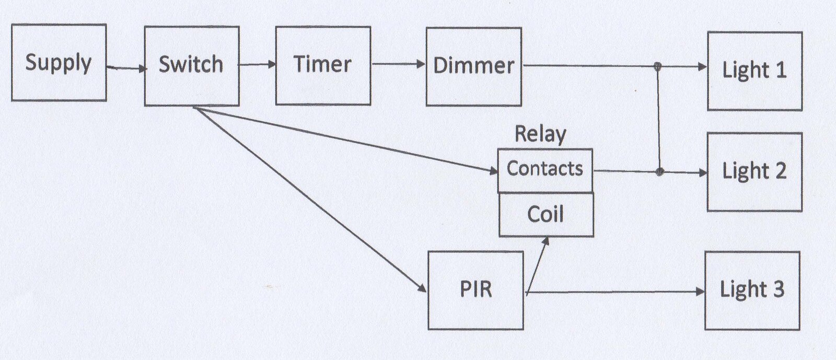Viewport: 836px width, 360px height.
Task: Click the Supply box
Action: [59, 62]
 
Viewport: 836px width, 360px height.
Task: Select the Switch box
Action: [192, 66]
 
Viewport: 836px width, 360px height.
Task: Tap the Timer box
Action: [323, 66]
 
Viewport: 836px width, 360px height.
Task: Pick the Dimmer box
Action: [474, 66]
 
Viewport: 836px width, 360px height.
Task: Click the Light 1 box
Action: [755, 71]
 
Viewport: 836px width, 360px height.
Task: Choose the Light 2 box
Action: [754, 172]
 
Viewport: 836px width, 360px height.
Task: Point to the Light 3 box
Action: [752, 291]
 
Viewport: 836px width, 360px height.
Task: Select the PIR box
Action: [476, 290]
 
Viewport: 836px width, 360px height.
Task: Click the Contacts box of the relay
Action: [545, 170]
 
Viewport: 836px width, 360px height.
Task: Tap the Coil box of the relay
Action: [547, 215]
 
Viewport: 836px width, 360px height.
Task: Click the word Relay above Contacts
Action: [540, 134]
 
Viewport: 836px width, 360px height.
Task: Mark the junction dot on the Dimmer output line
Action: [658, 67]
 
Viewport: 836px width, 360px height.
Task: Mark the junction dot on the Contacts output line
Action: [660, 171]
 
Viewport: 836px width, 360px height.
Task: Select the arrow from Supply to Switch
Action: [126, 68]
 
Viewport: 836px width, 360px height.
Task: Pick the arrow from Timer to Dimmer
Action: [399, 64]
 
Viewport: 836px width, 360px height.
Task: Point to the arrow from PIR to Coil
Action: [537, 266]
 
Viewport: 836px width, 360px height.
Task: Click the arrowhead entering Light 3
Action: [701, 292]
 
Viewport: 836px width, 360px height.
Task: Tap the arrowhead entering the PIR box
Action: [422, 287]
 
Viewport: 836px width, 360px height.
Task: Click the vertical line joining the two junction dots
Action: [659, 119]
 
